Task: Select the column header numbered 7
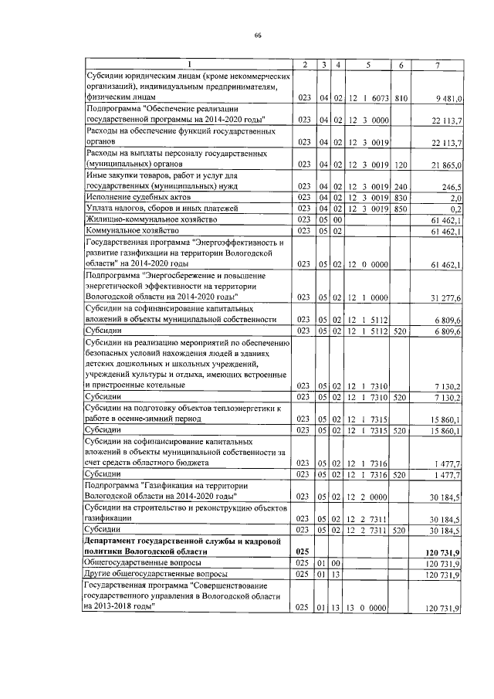point(437,65)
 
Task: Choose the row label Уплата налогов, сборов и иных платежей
point(154,209)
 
